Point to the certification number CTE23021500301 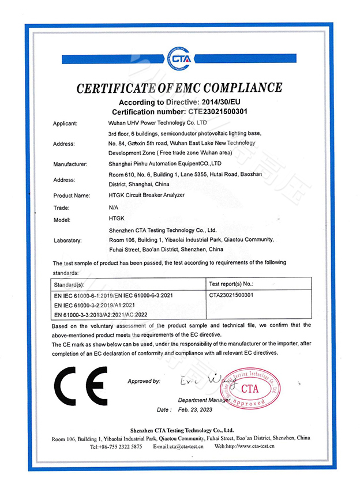tap(219, 111)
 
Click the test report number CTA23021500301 tap(231, 295)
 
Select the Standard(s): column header tap(69, 284)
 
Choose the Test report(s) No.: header tap(230, 284)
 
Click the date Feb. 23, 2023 tap(196, 409)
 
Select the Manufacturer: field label tap(70, 164)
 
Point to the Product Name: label tap(72, 195)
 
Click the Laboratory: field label tap(67, 240)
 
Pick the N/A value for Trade tap(113, 207)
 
